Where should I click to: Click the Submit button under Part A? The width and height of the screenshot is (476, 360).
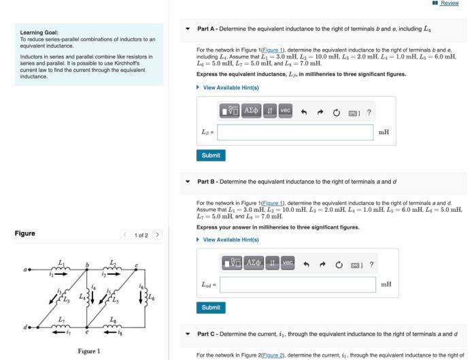[211, 155]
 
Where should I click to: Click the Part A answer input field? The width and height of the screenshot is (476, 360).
[295, 132]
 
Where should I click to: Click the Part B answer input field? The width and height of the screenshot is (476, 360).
[297, 284]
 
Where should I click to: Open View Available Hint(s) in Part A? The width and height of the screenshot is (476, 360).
[231, 87]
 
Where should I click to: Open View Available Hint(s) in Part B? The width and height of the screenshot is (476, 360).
[231, 240]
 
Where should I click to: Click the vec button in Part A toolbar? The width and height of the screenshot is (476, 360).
[285, 111]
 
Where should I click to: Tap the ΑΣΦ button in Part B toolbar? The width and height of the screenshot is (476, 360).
[252, 263]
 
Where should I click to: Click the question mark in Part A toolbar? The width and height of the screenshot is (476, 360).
[369, 112]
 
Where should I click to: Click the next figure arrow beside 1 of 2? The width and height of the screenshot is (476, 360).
[157, 235]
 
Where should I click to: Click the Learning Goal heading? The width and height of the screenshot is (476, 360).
[39, 32]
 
